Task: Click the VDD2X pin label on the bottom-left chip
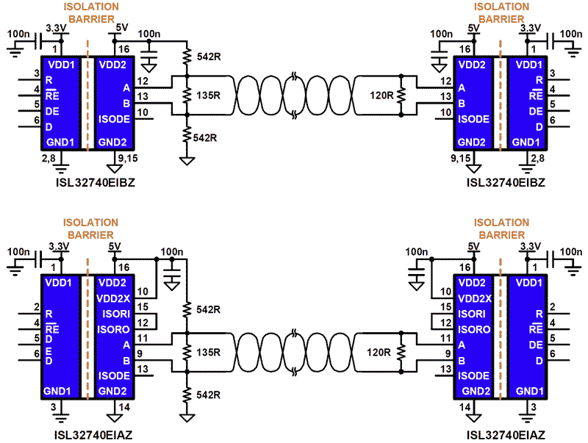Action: click(x=115, y=298)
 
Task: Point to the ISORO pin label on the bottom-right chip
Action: click(x=473, y=329)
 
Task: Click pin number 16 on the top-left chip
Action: click(x=123, y=49)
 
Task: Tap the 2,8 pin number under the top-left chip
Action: click(x=49, y=156)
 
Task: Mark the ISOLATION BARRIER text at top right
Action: click(x=501, y=12)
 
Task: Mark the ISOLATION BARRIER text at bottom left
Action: click(x=90, y=228)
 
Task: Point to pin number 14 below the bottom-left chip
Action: click(x=124, y=406)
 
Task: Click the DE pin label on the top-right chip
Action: click(x=536, y=111)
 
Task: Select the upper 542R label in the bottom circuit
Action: click(x=207, y=310)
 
